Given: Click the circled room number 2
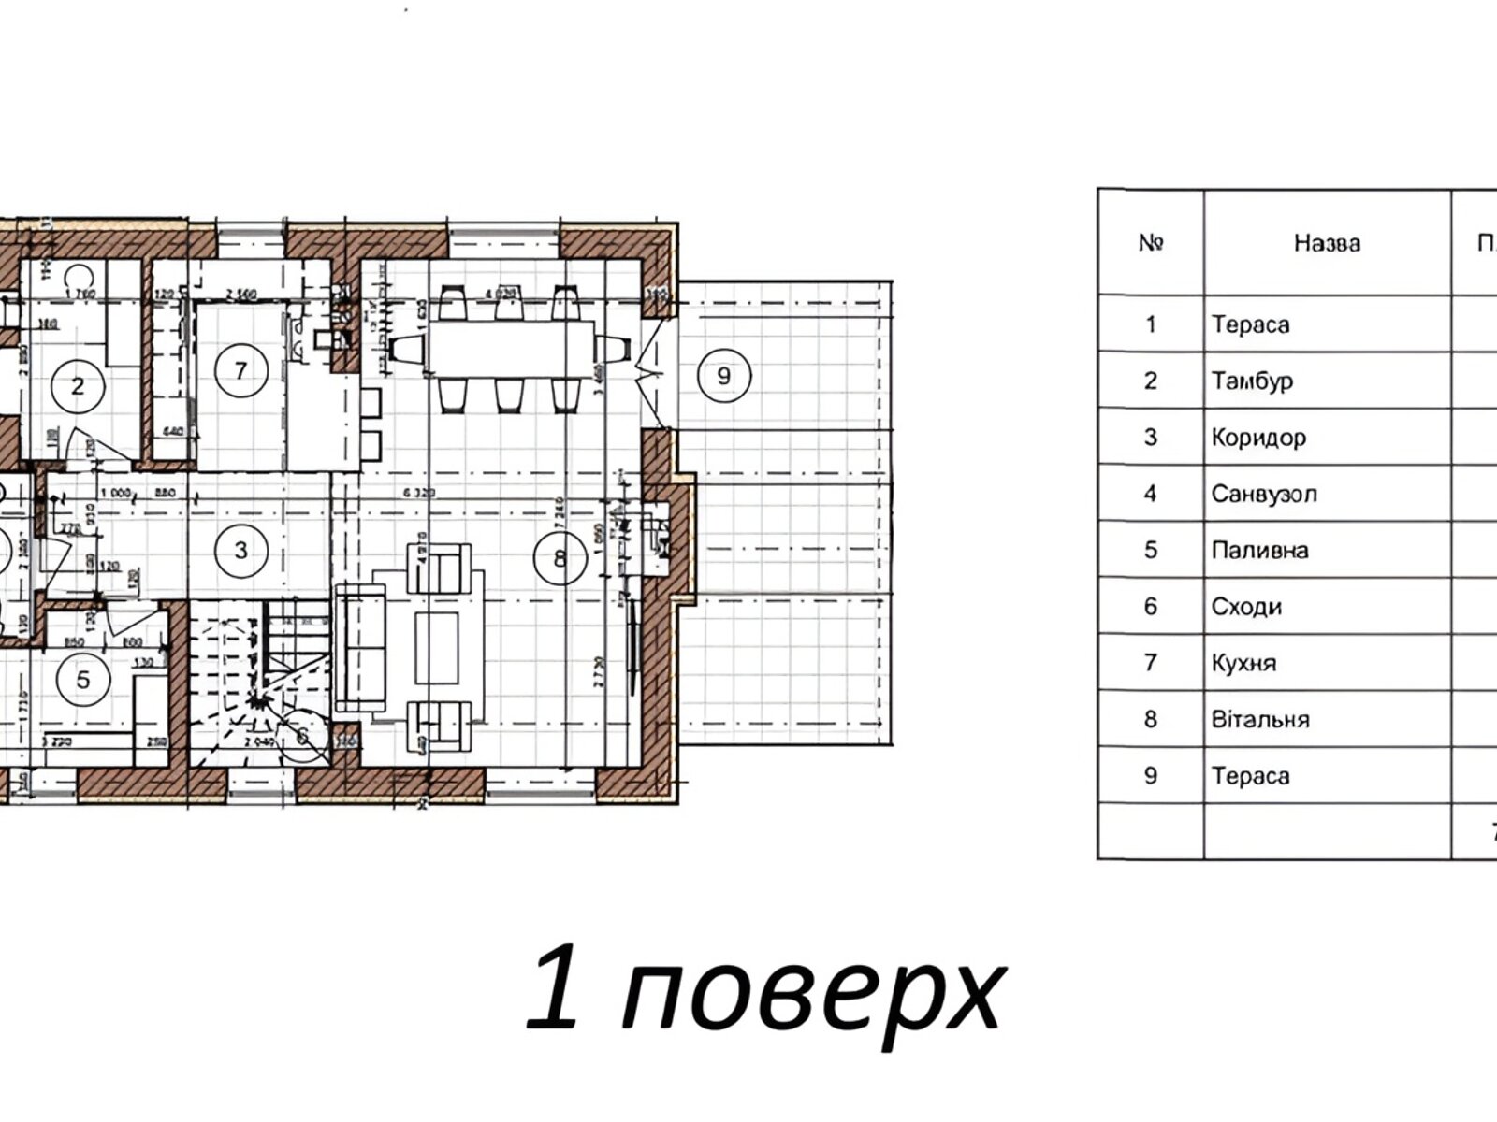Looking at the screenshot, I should tap(78, 384).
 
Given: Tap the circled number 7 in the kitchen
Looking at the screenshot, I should tap(240, 370).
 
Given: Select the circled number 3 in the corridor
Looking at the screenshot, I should tap(240, 550).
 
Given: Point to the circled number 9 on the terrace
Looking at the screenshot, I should tap(722, 376).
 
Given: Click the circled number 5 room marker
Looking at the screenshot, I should tap(83, 679).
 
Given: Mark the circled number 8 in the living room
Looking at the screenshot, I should tap(560, 558).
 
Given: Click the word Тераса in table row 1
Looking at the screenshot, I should tap(1250, 324).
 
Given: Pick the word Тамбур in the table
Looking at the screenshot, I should tap(1252, 381).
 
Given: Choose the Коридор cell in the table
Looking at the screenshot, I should tap(1258, 437).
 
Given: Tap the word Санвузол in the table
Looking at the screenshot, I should tap(1263, 493).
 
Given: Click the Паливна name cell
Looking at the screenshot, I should tap(1259, 550).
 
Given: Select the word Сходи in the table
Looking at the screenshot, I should tap(1246, 607).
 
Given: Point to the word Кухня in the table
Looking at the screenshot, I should tap(1243, 663).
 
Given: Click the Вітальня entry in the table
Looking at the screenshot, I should tap(1259, 719).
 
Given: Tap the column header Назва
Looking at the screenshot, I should tap(1327, 243).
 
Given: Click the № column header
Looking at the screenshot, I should tap(1151, 243).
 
